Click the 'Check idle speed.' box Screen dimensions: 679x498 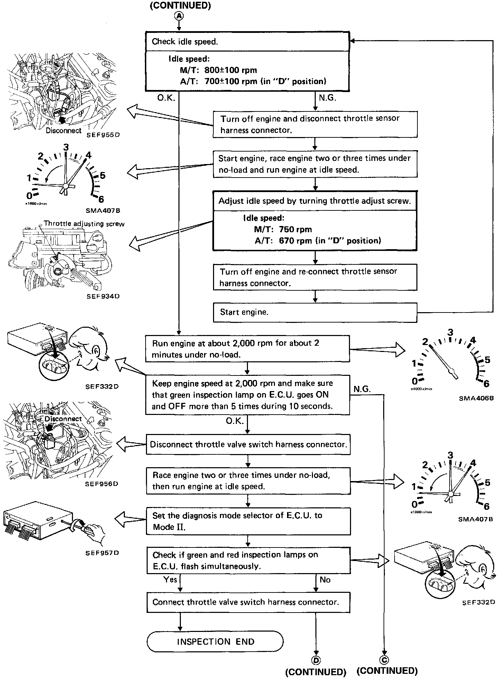(247, 42)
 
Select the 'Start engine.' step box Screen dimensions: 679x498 (315, 313)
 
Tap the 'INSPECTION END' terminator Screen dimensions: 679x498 (215, 642)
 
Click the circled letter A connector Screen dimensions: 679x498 (179, 16)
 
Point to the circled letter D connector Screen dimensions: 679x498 (315, 660)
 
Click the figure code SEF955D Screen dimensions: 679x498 (103, 135)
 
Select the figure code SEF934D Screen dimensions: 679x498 (102, 296)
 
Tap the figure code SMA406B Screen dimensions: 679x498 (476, 398)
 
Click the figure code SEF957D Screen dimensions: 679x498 (102, 553)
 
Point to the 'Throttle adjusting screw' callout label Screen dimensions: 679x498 (84, 224)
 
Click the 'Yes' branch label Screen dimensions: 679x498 (170, 580)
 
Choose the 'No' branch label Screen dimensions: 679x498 (325, 580)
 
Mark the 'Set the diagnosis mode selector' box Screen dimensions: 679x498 (248, 521)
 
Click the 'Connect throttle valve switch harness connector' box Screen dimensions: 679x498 (248, 602)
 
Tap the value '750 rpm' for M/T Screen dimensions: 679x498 (295, 229)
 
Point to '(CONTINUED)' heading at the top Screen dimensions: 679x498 (180, 6)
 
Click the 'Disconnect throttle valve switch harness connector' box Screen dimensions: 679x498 (248, 444)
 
